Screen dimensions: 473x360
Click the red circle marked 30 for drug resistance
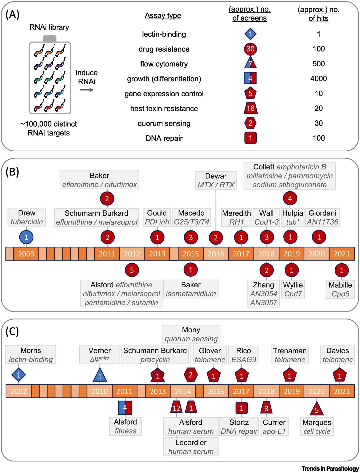tap(250, 49)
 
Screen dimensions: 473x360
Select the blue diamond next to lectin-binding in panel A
tap(250, 34)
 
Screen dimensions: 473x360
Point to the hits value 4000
tap(318, 79)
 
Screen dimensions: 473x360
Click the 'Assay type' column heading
tap(163, 16)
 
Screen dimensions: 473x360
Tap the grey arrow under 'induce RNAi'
tap(87, 90)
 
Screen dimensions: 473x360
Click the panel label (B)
tap(12, 172)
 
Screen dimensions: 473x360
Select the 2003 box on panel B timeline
tap(26, 254)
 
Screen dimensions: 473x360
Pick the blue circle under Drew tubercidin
tap(26, 238)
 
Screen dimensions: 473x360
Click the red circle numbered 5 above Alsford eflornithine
tap(132, 270)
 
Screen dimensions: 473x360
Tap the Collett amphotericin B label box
tap(289, 176)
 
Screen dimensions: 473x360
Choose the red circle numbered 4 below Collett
tap(290, 199)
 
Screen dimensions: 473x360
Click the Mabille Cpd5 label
tap(340, 289)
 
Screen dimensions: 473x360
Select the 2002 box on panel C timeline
tap(18, 391)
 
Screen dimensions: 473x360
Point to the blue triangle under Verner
tap(100, 375)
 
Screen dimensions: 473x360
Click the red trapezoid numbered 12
tap(176, 408)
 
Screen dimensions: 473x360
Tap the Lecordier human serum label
tap(191, 447)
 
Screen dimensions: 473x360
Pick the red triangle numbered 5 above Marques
tap(317, 409)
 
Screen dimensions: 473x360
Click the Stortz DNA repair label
tap(239, 427)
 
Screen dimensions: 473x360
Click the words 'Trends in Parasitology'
tap(330, 469)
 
